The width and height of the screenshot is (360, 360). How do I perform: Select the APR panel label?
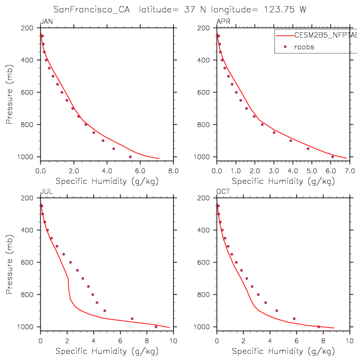[223, 22]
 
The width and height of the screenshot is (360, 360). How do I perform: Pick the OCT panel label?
[223, 192]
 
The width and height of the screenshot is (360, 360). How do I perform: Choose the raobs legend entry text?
[304, 47]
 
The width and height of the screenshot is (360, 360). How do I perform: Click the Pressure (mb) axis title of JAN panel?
[9, 92]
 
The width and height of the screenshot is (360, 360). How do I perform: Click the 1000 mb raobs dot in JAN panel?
[131, 157]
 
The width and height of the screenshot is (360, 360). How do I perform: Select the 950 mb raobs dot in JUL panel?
[132, 318]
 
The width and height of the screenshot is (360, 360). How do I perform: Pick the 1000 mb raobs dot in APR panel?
[332, 157]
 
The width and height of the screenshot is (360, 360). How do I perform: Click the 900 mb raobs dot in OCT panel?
[277, 311]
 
